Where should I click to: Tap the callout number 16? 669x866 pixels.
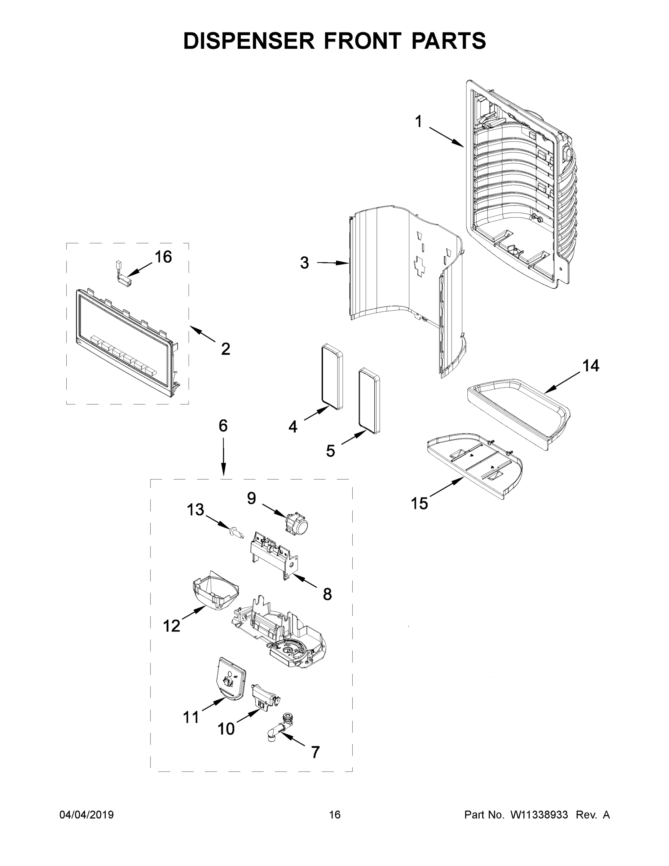(163, 257)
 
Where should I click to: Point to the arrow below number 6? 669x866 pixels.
(223, 456)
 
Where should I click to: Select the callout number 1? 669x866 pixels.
(418, 121)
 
